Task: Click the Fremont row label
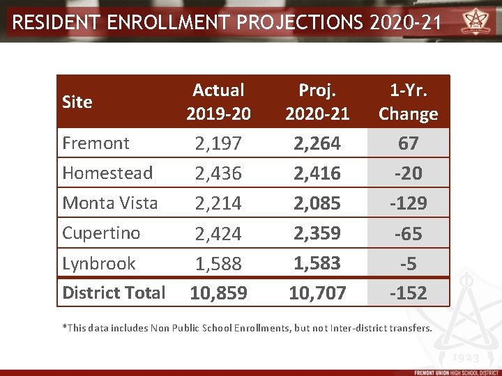[x=96, y=143]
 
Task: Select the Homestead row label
[x=107, y=173]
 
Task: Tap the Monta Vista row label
[x=110, y=203]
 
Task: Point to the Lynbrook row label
[x=99, y=263]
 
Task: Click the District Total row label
[x=114, y=292]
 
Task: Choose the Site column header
[x=77, y=102]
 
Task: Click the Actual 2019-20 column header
[x=218, y=102]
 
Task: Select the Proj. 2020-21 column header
[x=317, y=102]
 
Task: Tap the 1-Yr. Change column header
[x=408, y=102]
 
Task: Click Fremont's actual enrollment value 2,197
[x=218, y=143]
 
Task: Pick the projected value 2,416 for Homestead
[x=317, y=173]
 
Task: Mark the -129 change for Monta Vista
[x=408, y=204]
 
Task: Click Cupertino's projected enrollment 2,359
[x=317, y=233]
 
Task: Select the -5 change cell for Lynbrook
[x=408, y=264]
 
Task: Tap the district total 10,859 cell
[x=218, y=293]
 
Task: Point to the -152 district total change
[x=408, y=293]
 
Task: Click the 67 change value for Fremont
[x=408, y=143]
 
